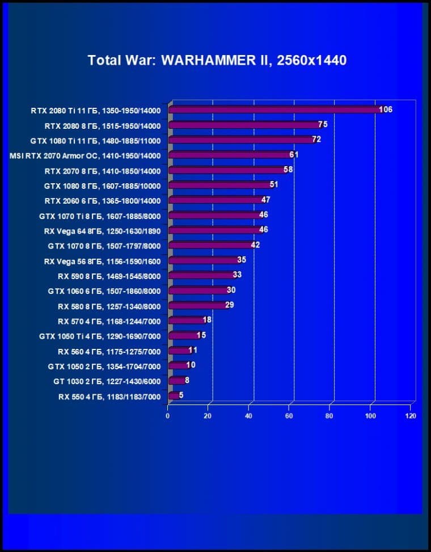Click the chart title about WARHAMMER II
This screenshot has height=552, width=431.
(x=217, y=60)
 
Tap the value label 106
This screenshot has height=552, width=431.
(x=386, y=109)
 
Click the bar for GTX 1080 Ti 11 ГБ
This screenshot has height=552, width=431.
(x=240, y=140)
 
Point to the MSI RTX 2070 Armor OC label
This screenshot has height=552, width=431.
(x=85, y=155)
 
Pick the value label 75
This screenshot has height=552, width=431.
(x=323, y=124)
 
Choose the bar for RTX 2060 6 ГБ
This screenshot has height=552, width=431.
(x=215, y=200)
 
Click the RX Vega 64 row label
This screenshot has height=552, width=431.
(x=102, y=231)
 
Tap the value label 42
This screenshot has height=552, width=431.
(x=255, y=245)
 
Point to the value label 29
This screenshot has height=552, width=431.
(x=230, y=305)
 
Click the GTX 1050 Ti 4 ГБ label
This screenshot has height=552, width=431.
(x=100, y=336)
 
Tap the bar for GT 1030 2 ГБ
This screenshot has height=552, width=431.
(x=176, y=381)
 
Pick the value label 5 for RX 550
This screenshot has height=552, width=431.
(x=181, y=395)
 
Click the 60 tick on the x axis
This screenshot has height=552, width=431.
(x=289, y=416)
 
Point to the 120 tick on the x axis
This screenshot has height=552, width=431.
(x=411, y=416)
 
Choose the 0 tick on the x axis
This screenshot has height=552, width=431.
(x=168, y=416)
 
